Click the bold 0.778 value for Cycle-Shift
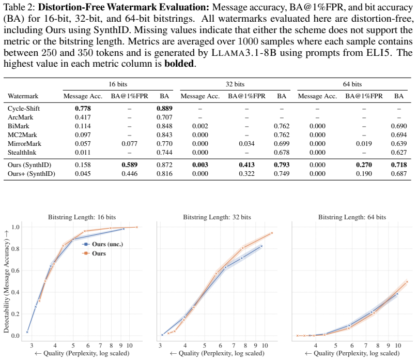[x=83, y=109]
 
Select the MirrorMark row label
[x=24, y=144]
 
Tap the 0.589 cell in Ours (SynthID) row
[x=130, y=165]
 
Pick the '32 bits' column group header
[x=235, y=84]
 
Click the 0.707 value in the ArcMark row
[x=164, y=117]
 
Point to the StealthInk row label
[x=22, y=153]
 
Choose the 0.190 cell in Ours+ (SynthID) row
[x=364, y=174]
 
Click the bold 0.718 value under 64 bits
[x=398, y=165]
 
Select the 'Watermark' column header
[x=23, y=96]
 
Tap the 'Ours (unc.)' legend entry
[x=103, y=244]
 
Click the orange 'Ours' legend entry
[x=94, y=253]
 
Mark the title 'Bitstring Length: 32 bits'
[x=217, y=217]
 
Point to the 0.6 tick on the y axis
[x=16, y=271]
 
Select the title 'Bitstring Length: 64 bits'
[x=352, y=217]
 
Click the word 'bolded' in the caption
[x=179, y=64]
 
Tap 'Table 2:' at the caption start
[x=20, y=7]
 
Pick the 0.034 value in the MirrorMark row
[x=246, y=144]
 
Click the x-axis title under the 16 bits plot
[x=82, y=353]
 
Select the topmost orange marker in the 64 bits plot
[x=407, y=282]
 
